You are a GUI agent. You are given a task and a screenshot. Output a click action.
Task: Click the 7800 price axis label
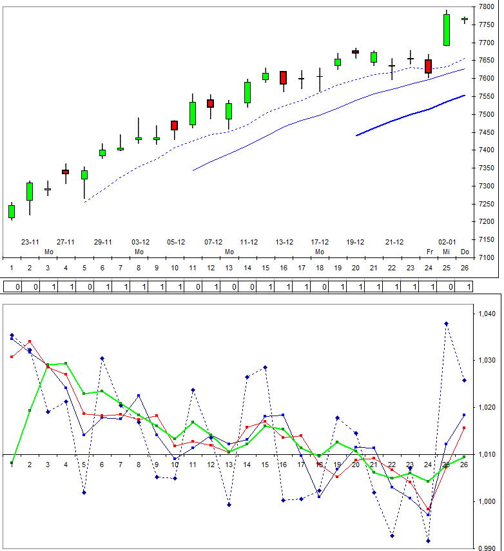[x=486, y=6]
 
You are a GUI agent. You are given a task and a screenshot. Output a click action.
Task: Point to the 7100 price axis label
[x=486, y=257]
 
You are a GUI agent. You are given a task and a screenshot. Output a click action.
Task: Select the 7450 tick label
[x=486, y=132]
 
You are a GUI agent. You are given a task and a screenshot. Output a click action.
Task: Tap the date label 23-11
[x=30, y=243]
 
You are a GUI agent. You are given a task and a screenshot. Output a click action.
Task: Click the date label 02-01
[x=447, y=243]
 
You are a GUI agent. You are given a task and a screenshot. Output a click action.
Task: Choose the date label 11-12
[x=249, y=243]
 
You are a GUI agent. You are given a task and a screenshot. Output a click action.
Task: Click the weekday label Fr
[x=429, y=252]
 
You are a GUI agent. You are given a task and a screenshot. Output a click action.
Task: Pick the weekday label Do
[x=465, y=252]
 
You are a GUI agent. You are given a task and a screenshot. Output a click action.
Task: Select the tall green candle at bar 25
[x=447, y=30]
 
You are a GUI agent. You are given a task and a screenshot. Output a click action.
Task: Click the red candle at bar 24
[x=429, y=66]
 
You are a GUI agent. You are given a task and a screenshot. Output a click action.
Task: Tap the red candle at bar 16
[x=283, y=77]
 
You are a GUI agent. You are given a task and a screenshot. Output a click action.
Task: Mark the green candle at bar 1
[x=12, y=212]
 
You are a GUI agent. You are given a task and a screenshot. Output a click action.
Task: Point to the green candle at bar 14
[x=247, y=92]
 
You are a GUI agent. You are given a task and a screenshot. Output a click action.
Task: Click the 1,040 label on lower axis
[x=487, y=314]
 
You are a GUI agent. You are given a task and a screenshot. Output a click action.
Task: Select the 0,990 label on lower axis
[x=487, y=548]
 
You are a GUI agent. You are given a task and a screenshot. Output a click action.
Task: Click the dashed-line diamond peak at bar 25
[x=446, y=324]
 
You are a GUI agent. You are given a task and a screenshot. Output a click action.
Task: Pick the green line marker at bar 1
[x=12, y=463]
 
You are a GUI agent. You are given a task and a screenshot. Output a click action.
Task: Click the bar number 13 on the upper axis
[x=229, y=267]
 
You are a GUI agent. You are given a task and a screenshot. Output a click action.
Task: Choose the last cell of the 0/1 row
[x=469, y=286]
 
